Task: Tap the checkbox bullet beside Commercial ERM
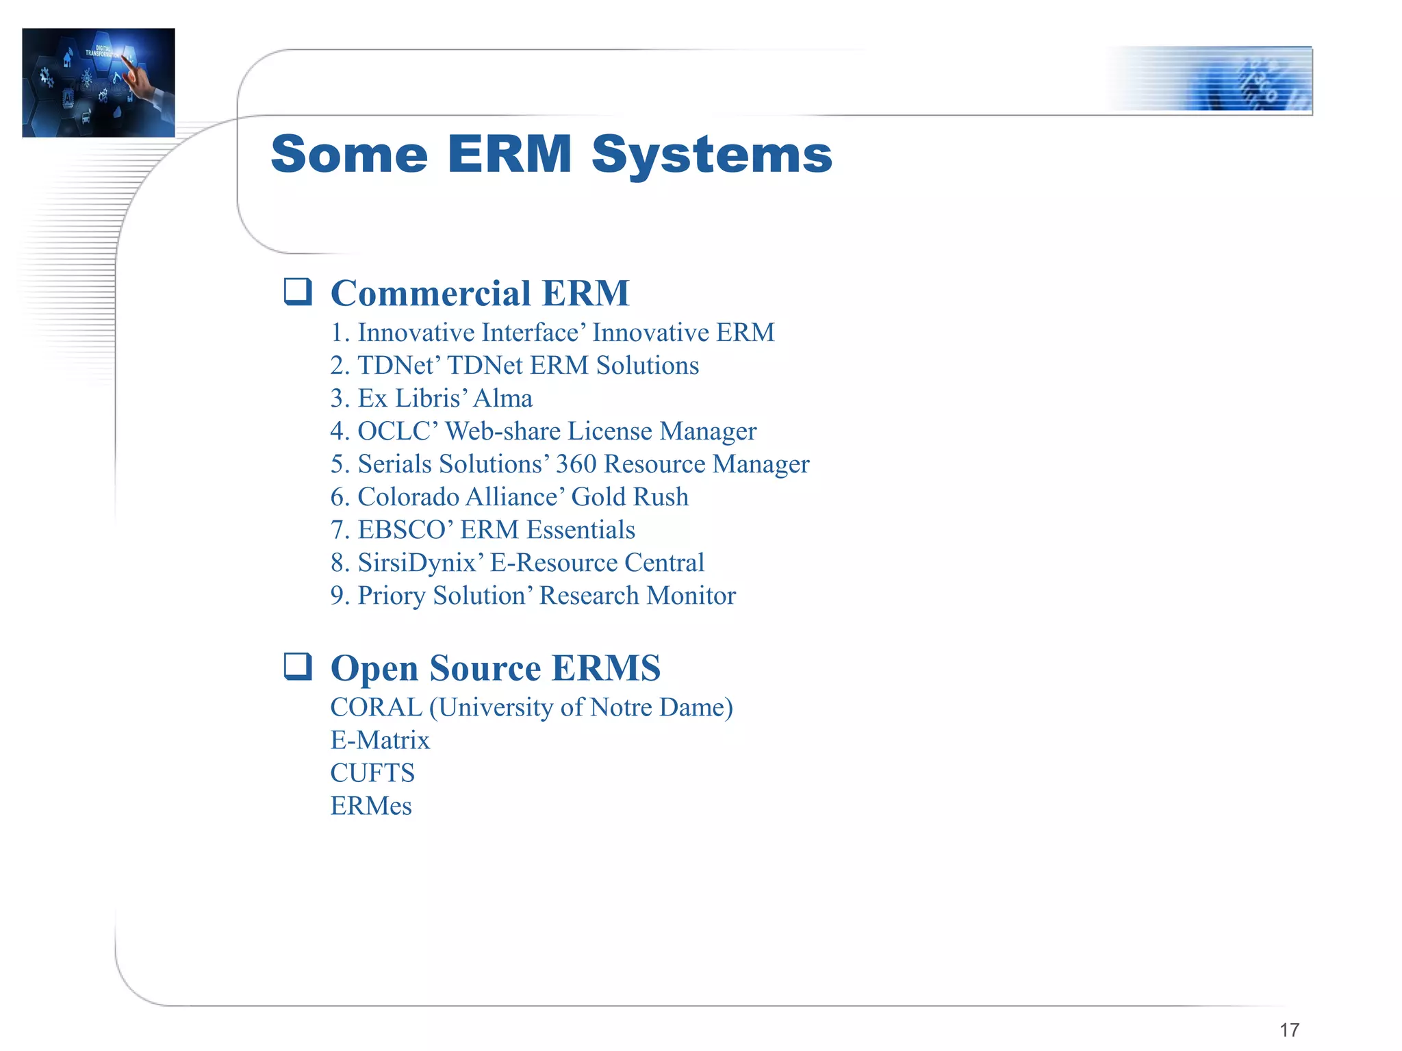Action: (x=298, y=292)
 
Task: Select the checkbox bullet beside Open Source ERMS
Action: (x=298, y=666)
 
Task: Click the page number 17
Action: (x=1289, y=1030)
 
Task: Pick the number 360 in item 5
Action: (x=576, y=464)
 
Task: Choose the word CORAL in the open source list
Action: (x=376, y=707)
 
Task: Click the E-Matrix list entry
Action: (x=380, y=740)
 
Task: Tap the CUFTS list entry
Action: (x=372, y=773)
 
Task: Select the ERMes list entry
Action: (x=371, y=806)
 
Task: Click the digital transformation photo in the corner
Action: (x=99, y=82)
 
